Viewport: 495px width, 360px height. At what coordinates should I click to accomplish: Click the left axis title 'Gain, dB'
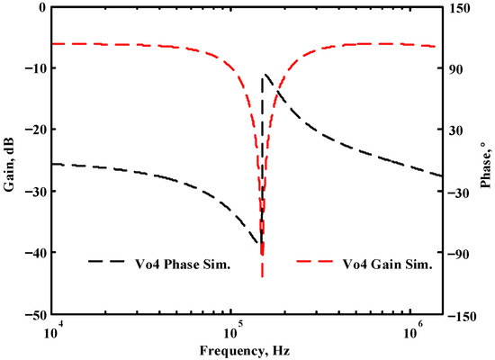point(9,158)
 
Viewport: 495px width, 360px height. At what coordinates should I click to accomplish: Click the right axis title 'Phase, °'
point(484,158)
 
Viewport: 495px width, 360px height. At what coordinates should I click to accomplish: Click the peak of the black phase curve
point(263,76)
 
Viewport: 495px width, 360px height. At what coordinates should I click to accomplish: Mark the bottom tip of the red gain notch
point(262,275)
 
